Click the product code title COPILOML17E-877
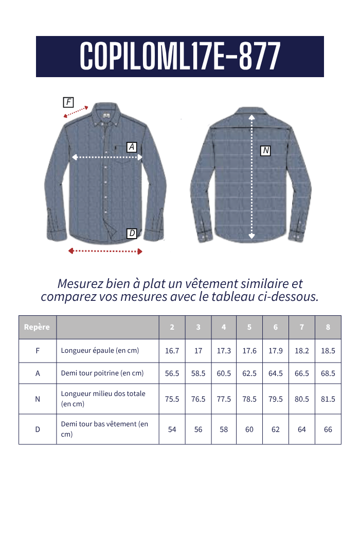click(x=180, y=57)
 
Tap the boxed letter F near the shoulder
click(x=68, y=102)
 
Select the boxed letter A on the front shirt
click(x=132, y=147)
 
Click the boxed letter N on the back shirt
click(x=265, y=151)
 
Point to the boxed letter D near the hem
click(x=132, y=233)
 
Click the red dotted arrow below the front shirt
click(x=105, y=251)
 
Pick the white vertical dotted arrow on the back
click(x=251, y=177)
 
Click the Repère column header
click(x=37, y=327)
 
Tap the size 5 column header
click(x=249, y=327)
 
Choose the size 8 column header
click(x=328, y=327)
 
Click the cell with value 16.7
click(x=172, y=351)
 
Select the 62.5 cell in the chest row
click(x=249, y=373)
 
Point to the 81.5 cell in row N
click(x=328, y=399)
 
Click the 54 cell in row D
click(x=172, y=429)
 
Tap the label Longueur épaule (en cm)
click(x=100, y=351)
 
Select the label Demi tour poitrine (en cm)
click(x=102, y=373)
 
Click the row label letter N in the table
click(x=38, y=399)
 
